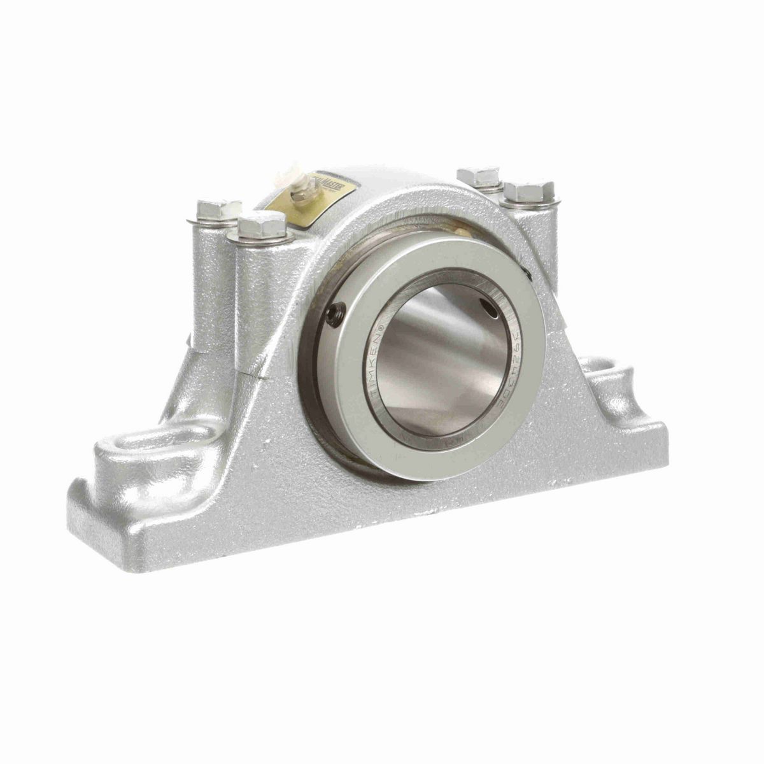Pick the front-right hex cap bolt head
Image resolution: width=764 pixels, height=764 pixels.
529,192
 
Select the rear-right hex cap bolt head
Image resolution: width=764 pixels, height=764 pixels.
479,176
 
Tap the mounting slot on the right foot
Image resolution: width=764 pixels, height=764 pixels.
607,372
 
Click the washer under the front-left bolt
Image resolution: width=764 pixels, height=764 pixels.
261,239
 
